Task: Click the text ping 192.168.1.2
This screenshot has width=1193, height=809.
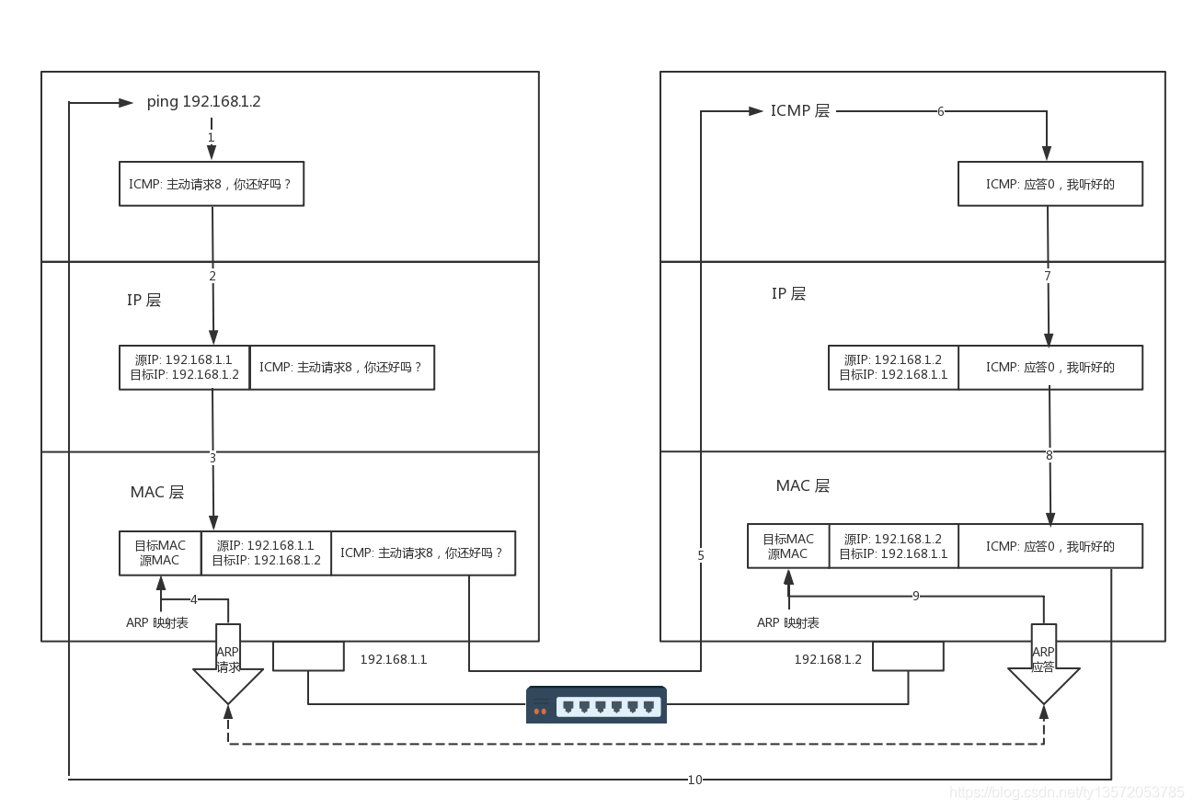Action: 203,102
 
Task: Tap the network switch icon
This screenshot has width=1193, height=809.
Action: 596,704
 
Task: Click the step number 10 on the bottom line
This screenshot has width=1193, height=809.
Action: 694,780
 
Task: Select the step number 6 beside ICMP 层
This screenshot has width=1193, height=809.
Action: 941,111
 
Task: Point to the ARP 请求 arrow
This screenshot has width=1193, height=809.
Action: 228,664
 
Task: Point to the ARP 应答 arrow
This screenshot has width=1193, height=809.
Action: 1044,664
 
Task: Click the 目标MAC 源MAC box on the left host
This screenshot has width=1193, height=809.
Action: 160,553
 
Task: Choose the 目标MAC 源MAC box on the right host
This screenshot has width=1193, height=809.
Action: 788,546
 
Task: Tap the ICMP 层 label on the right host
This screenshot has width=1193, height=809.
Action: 800,110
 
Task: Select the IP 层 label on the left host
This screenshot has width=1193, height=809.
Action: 143,301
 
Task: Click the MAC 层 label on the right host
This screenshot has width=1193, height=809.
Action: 803,485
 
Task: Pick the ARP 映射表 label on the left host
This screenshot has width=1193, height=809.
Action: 157,622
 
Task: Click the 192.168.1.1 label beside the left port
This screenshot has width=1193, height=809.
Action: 394,659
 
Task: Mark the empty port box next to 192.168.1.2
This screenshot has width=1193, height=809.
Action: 908,656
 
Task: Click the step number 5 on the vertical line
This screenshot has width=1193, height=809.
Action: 701,555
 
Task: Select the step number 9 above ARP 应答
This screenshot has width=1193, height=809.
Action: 915,596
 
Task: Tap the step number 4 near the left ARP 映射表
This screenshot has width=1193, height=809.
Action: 194,599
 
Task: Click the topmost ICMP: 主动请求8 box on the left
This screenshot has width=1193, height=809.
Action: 212,184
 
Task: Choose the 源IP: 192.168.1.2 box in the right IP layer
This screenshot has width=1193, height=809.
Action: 893,367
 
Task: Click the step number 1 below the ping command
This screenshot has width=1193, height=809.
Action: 211,137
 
